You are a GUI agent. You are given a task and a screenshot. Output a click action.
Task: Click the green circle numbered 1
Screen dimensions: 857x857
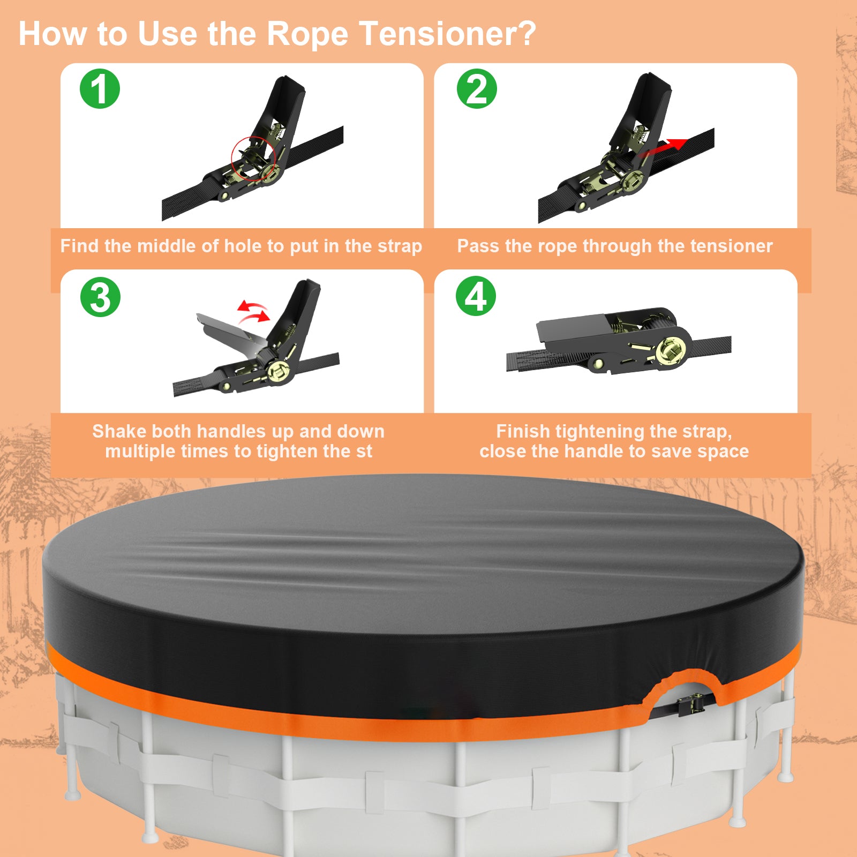(x=100, y=89)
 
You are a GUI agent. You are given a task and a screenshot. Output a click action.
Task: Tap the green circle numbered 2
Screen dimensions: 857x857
(x=476, y=89)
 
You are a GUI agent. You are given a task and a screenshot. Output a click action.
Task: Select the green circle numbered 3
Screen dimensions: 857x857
(x=100, y=297)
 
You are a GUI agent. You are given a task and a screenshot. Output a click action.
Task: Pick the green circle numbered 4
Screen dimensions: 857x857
(x=476, y=296)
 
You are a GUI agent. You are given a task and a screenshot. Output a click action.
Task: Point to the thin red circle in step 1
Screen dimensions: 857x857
(x=253, y=159)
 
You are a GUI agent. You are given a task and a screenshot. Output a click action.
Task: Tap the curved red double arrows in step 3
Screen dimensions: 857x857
(x=253, y=312)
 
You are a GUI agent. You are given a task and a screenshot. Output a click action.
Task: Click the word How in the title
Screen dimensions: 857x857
(x=52, y=34)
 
